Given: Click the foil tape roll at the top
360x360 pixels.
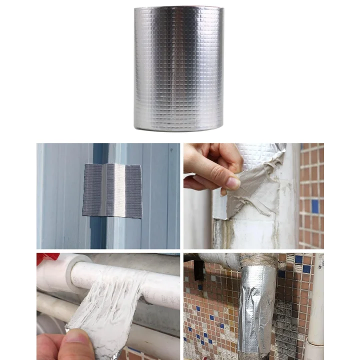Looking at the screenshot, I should click(178, 67).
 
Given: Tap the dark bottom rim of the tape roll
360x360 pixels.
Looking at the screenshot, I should click(178, 129).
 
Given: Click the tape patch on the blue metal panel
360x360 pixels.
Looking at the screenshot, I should click(112, 190).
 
